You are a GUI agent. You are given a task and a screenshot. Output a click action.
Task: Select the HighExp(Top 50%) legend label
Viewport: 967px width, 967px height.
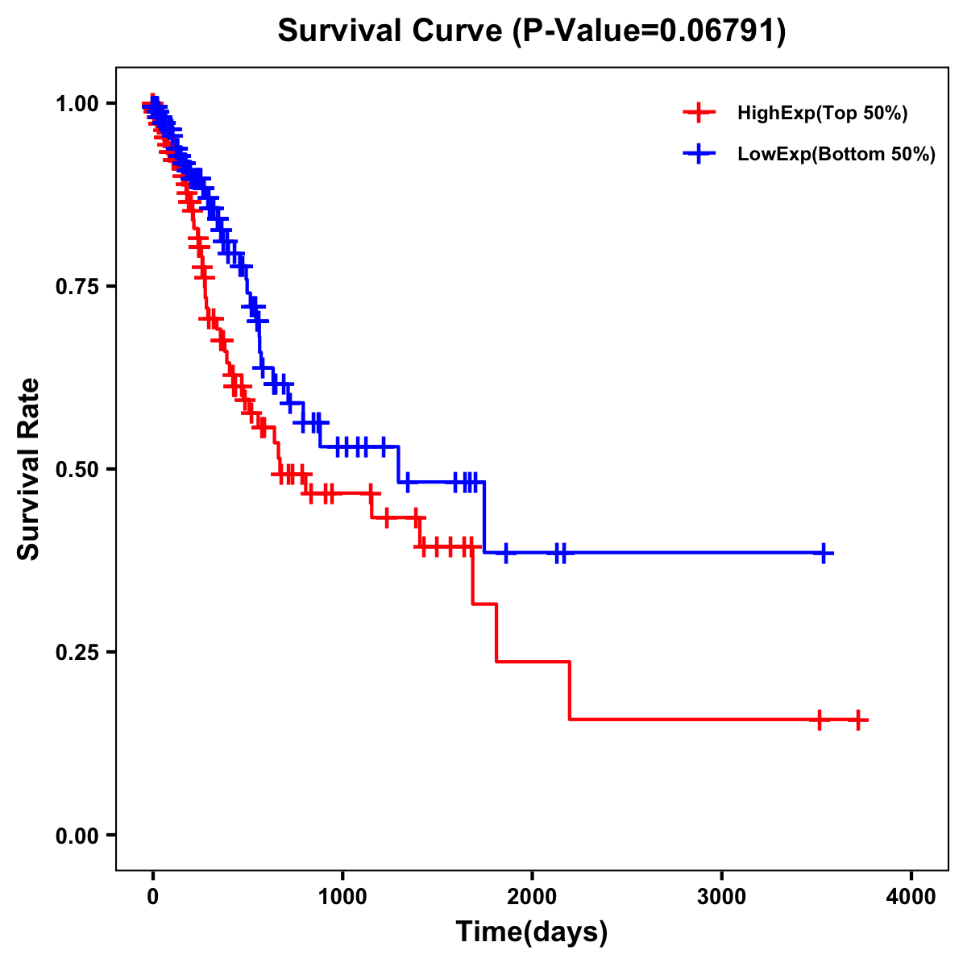point(823,114)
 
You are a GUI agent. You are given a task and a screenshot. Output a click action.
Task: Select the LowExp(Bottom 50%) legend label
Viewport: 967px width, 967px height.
point(836,154)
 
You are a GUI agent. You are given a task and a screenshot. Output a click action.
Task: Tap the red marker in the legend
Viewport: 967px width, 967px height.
point(699,114)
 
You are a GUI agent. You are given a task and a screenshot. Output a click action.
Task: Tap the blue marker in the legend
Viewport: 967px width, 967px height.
point(699,154)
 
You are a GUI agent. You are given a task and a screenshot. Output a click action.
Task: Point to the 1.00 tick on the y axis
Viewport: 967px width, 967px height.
point(77,103)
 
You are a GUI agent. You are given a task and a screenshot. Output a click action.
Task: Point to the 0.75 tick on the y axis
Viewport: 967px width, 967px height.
point(77,286)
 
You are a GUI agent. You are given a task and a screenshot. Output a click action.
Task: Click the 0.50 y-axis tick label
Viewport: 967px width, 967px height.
point(77,469)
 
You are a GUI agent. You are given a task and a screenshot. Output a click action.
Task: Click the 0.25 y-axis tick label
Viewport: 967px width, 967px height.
point(77,652)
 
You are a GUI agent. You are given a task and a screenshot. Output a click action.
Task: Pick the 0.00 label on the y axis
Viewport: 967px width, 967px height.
point(77,835)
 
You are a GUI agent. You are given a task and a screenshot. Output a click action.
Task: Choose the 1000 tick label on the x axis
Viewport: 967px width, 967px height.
point(342,896)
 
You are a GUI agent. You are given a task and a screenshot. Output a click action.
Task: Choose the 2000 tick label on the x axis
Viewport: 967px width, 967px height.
point(532,896)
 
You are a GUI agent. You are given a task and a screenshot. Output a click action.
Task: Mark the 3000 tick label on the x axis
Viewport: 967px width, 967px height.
point(721,896)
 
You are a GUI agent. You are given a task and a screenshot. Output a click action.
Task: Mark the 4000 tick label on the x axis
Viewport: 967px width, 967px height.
point(911,896)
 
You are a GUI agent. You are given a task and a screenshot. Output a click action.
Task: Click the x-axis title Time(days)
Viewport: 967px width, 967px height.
point(532,932)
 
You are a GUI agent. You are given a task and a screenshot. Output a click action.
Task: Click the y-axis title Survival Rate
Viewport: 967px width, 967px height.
point(29,469)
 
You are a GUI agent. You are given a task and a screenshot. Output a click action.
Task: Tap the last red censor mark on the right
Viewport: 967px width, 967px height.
point(858,720)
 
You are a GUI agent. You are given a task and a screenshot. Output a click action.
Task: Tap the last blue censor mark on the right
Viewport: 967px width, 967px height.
point(824,554)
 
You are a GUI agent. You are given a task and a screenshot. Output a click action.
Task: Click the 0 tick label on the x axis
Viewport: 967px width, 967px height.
point(153,896)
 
